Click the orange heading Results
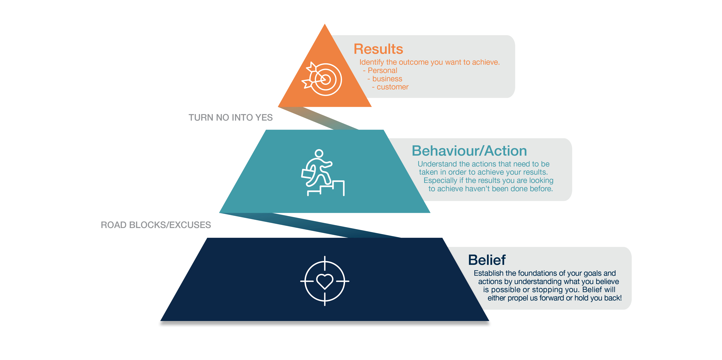(378, 49)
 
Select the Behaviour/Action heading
(469, 151)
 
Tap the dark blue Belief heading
(487, 260)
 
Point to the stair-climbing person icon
(323, 172)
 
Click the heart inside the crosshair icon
(325, 281)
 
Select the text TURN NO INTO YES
(230, 118)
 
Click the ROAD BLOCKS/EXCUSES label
(156, 225)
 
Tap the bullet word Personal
(382, 70)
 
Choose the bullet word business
(387, 79)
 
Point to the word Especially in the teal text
(440, 181)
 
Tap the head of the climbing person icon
(319, 154)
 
